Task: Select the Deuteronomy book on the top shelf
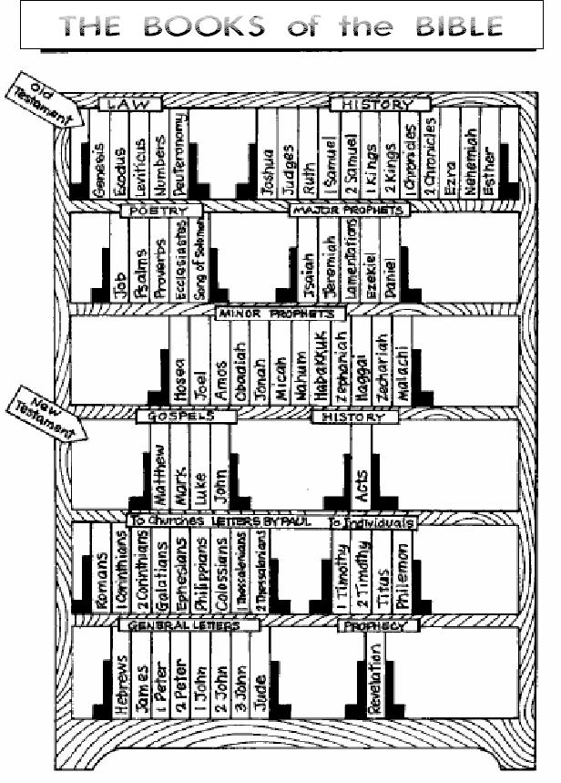click(179, 155)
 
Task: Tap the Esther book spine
click(491, 155)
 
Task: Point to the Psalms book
click(138, 264)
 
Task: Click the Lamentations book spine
click(352, 260)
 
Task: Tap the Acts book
click(361, 474)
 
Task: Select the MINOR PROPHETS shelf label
click(280, 313)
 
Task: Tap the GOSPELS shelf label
click(186, 416)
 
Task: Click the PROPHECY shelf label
click(378, 625)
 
